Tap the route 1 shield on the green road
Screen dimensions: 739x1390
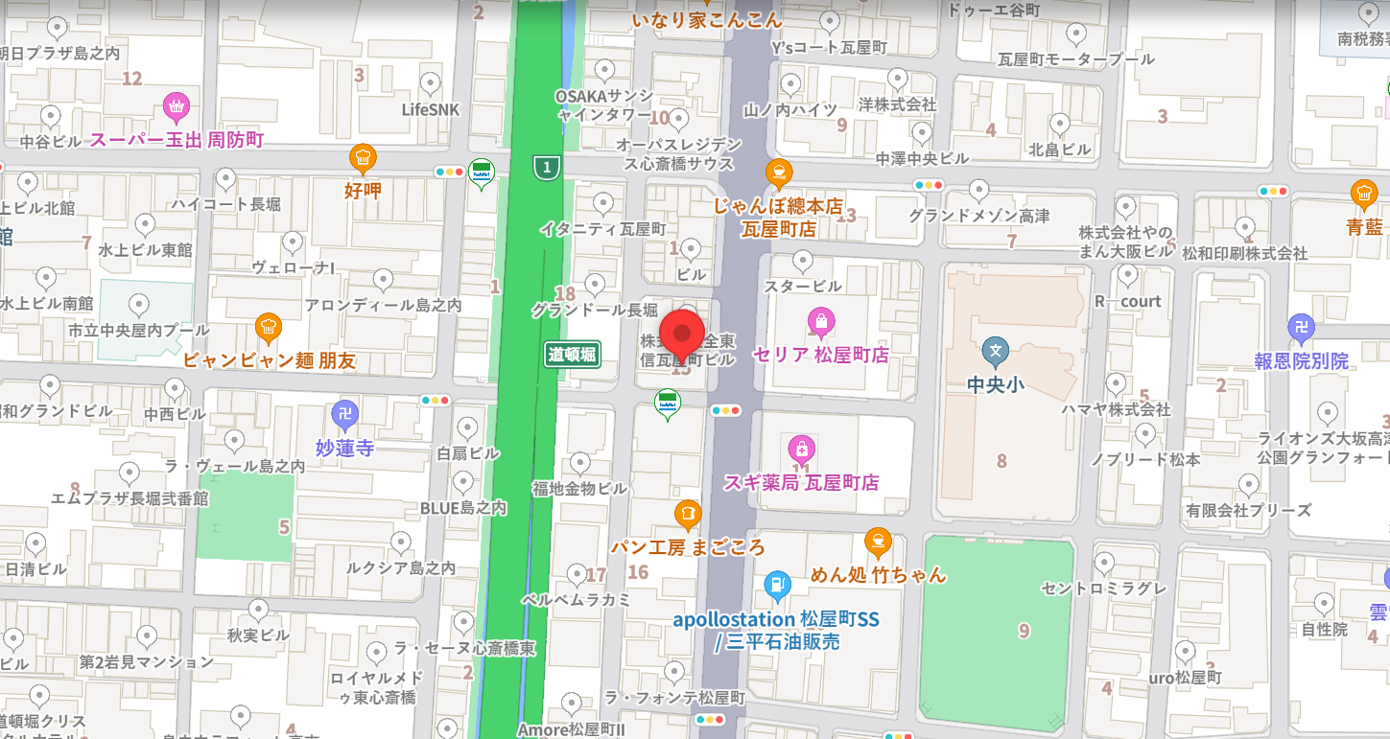click(547, 169)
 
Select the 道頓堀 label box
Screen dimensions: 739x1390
click(573, 355)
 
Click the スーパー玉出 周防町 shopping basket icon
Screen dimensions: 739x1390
click(175, 104)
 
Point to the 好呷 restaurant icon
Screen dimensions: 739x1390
click(362, 157)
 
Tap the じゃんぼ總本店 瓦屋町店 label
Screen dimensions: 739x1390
click(778, 218)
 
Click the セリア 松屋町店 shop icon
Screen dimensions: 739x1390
click(819, 321)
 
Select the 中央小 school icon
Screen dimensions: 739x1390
click(996, 351)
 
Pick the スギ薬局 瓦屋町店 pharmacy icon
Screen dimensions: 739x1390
click(801, 448)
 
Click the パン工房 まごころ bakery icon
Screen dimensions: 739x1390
click(687, 514)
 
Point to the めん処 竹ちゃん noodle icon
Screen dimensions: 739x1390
click(877, 542)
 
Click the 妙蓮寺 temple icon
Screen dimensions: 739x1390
click(344, 414)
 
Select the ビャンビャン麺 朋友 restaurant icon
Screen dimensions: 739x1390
click(269, 329)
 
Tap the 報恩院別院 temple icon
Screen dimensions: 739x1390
click(1301, 328)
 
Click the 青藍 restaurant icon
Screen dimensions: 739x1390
click(1363, 195)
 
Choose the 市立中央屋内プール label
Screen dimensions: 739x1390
click(138, 331)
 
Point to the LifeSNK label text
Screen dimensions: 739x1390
click(431, 110)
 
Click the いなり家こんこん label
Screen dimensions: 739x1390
click(707, 19)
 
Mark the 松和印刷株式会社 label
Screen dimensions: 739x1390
click(1244, 254)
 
